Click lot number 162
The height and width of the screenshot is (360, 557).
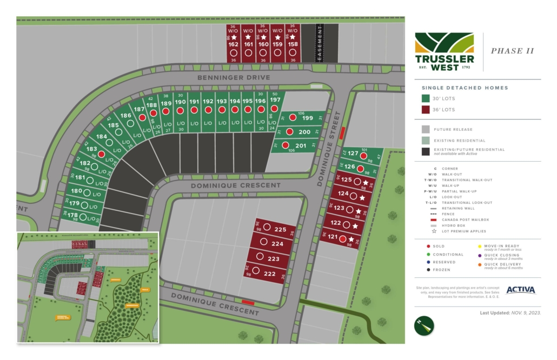pyautogui.click(x=233, y=44)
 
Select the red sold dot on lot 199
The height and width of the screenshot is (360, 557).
pyautogui.click(x=293, y=117)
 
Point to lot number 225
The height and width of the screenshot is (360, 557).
pyautogui.click(x=280, y=229)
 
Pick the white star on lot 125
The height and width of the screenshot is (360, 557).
pyautogui.click(x=365, y=183)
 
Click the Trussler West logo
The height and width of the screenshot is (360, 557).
pyautogui.click(x=445, y=51)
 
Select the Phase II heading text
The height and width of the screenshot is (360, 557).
pyautogui.click(x=512, y=51)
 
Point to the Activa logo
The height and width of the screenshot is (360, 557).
pyautogui.click(x=520, y=290)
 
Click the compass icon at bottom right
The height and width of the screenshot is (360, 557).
pyautogui.click(x=425, y=325)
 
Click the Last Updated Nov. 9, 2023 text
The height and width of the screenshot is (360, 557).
pyautogui.click(x=510, y=313)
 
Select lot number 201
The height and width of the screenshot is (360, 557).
pyautogui.click(x=301, y=145)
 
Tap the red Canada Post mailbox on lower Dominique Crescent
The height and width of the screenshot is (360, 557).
pyautogui.click(x=248, y=303)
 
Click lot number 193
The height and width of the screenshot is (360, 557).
pyautogui.click(x=222, y=102)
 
